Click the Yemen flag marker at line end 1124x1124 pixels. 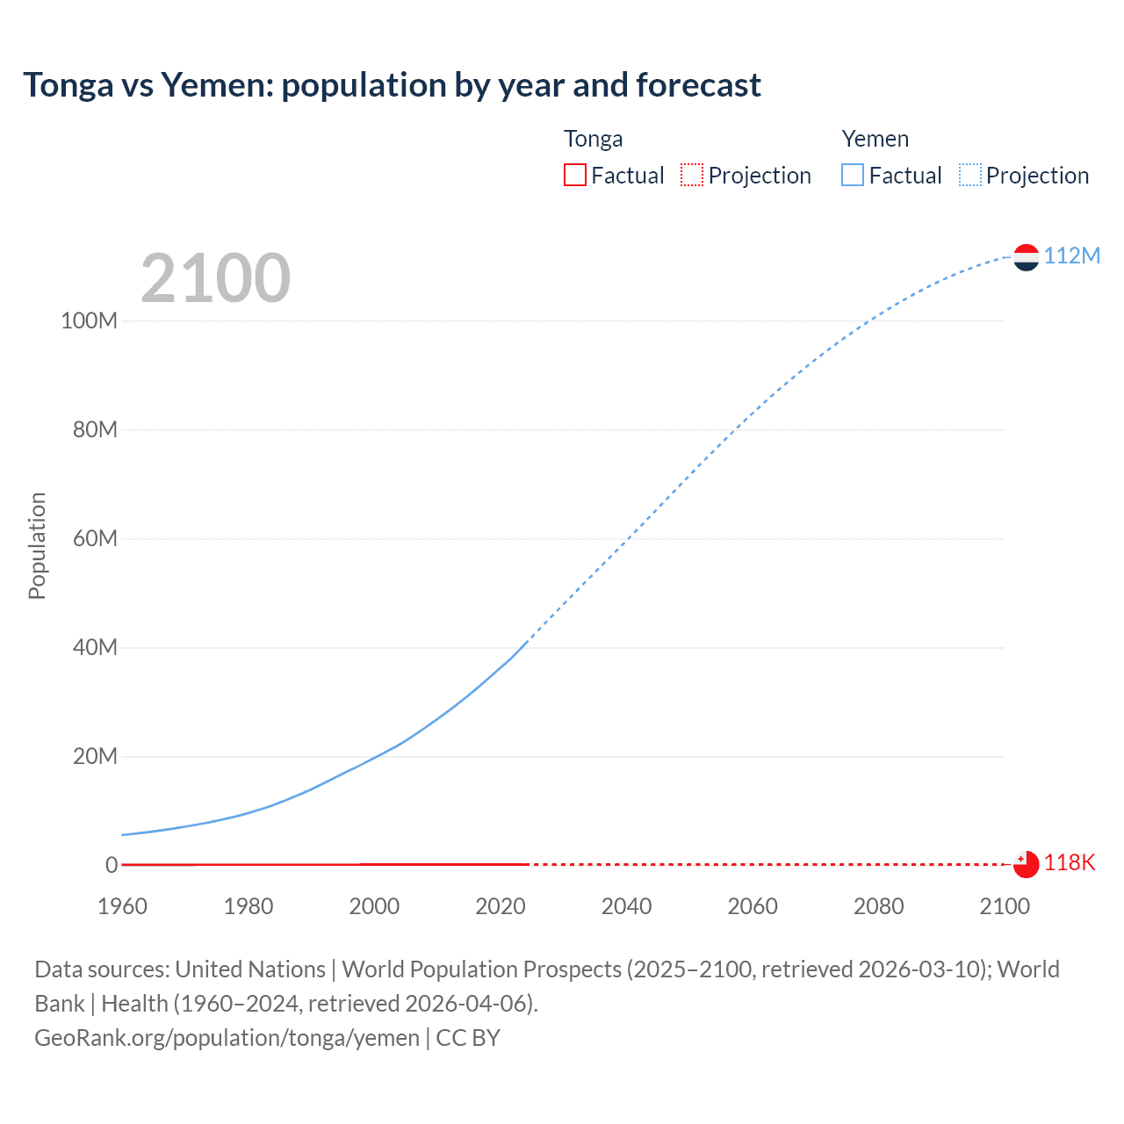tap(1026, 257)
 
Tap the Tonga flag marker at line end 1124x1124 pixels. tap(1026, 864)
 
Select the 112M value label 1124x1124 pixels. tap(1071, 256)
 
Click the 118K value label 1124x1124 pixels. tap(1070, 862)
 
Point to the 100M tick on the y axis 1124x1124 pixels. tap(89, 321)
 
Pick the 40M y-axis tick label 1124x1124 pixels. tap(94, 648)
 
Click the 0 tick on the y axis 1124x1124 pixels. tap(112, 865)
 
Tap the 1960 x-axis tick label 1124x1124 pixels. tap(122, 906)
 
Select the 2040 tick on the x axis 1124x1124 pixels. tap(626, 906)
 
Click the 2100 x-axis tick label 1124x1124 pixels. tap(1005, 906)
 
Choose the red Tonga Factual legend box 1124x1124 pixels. tap(575, 175)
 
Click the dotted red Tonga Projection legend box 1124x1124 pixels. tap(692, 175)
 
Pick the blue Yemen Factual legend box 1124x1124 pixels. tap(853, 175)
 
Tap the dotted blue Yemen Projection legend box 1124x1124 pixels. tap(969, 175)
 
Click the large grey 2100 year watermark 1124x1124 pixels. tap(215, 277)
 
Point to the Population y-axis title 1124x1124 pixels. tap(37, 545)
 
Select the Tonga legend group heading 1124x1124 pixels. tap(593, 139)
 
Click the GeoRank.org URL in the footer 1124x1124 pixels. tap(227, 1038)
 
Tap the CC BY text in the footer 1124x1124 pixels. tap(468, 1038)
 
